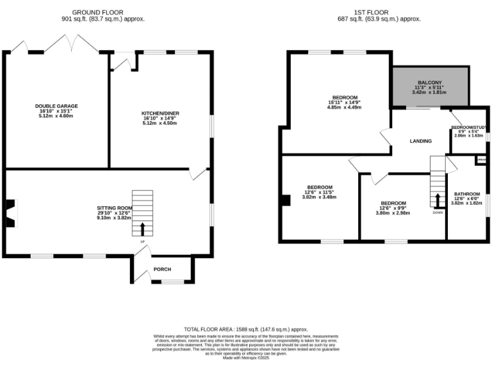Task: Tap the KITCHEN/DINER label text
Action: (160, 113)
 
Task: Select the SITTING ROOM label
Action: (115, 208)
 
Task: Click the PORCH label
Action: (162, 269)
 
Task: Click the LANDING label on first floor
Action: (420, 141)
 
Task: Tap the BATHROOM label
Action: (466, 194)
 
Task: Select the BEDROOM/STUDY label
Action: (468, 128)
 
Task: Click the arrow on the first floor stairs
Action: (438, 199)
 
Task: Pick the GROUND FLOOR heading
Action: (97, 12)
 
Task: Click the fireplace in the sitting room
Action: (11, 213)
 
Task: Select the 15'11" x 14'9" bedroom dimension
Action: (345, 102)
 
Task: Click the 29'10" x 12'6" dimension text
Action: (115, 213)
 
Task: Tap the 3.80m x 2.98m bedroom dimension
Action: (392, 213)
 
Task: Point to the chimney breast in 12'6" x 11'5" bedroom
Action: (283, 201)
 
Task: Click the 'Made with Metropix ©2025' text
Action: (246, 357)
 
